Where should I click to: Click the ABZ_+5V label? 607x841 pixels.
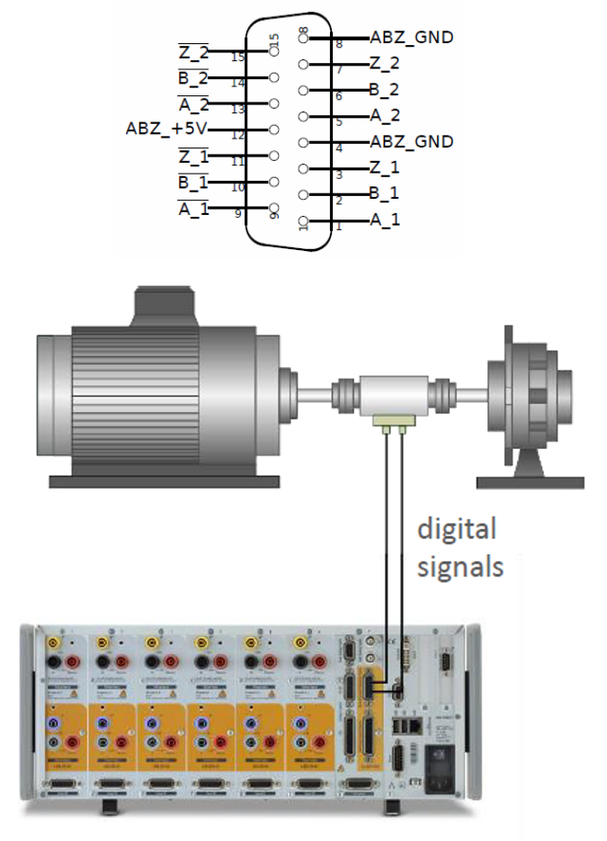click(x=166, y=129)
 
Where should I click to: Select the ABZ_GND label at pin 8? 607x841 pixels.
click(x=411, y=38)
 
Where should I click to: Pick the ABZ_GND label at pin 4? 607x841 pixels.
click(x=411, y=142)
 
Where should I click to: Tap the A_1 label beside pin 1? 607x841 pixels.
click(x=385, y=220)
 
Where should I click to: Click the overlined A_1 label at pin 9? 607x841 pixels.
click(x=193, y=209)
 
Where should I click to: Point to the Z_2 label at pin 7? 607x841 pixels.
click(x=384, y=64)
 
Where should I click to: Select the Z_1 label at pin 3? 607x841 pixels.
click(x=384, y=168)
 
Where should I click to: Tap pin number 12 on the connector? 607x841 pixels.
click(x=238, y=136)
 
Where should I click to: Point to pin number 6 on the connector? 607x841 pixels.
click(x=338, y=96)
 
